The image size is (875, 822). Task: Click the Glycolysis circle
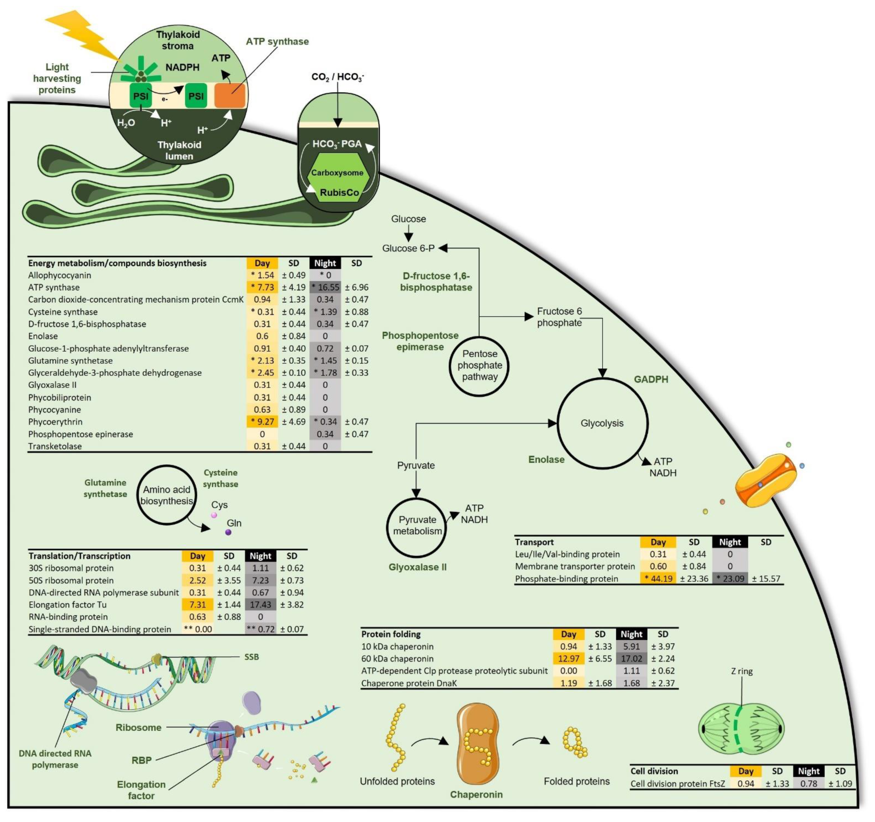(602, 423)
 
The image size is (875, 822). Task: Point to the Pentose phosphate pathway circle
(479, 366)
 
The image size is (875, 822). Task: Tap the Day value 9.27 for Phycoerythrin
(262, 422)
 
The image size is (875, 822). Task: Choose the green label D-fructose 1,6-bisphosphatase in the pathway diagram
(436, 282)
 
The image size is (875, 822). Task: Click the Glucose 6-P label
(408, 248)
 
